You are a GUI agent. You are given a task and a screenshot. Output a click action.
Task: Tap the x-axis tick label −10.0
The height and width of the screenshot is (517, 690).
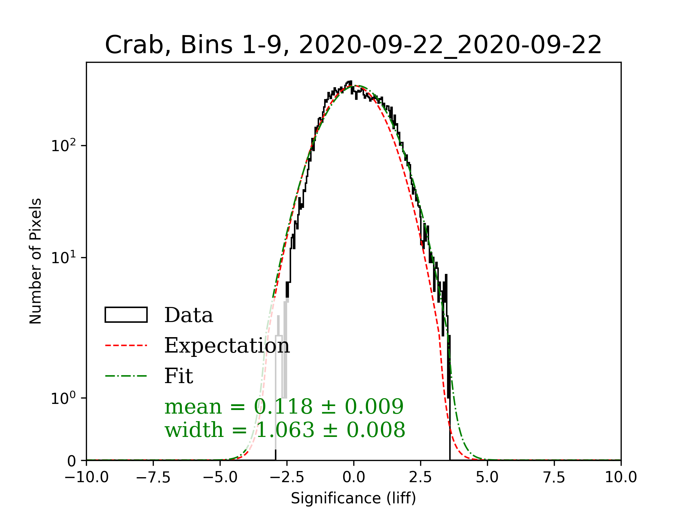coord(87,478)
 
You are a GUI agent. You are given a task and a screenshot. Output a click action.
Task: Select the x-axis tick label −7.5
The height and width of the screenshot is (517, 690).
coord(153,478)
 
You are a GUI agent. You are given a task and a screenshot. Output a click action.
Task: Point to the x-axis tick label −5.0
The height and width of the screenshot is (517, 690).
coord(220,478)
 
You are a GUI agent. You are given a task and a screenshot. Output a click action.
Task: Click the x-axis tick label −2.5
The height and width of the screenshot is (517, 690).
coord(287,478)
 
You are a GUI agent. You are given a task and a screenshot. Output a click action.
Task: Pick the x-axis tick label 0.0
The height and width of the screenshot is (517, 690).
coord(354,478)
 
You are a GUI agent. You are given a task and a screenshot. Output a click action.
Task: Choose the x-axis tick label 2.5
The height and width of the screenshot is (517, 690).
coord(420,478)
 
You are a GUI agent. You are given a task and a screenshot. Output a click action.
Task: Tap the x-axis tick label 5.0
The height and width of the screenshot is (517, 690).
coord(487,478)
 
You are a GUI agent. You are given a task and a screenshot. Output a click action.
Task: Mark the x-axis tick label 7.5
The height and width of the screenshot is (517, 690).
coord(554,478)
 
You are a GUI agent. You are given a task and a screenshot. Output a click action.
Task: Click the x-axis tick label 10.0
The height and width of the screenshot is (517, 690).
coord(621,478)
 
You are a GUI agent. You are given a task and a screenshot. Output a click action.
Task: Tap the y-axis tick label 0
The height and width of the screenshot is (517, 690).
coord(72,461)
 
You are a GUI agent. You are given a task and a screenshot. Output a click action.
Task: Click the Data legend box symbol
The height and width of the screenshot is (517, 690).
coord(126,315)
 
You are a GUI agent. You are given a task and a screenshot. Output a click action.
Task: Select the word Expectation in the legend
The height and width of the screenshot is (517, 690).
coord(227,346)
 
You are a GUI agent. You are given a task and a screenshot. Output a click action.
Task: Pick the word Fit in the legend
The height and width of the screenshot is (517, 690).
coord(179,376)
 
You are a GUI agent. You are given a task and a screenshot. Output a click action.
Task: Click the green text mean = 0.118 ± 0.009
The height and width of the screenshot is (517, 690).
coord(284,407)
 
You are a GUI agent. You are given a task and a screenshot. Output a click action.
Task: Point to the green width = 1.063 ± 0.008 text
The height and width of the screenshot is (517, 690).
coord(285,430)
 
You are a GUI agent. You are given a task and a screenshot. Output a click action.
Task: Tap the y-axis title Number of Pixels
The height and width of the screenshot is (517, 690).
coord(36,261)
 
